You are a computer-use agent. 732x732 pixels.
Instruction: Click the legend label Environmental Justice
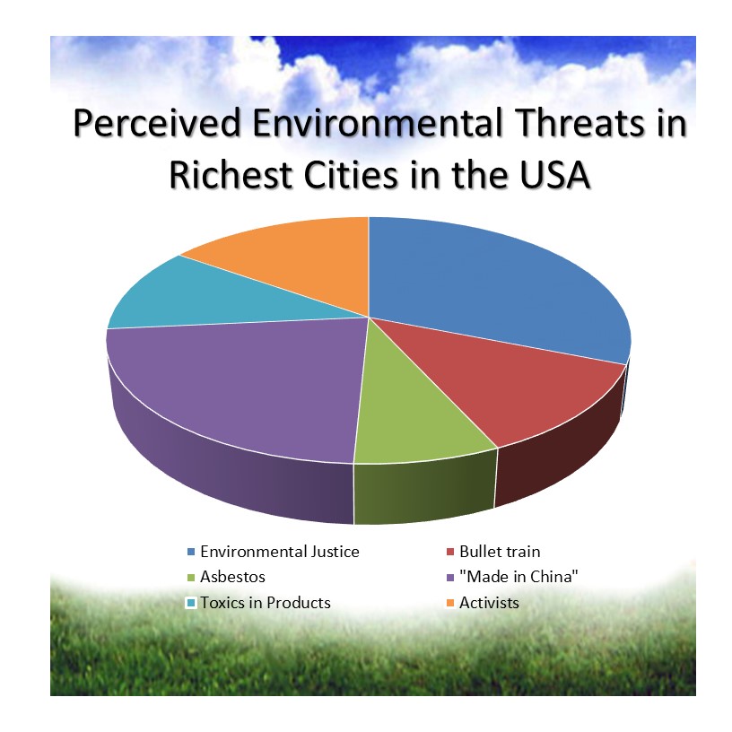click(280, 552)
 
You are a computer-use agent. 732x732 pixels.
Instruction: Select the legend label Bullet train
click(500, 552)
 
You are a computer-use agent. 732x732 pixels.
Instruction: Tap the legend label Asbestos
click(232, 577)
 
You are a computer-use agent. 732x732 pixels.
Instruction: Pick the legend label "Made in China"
click(518, 577)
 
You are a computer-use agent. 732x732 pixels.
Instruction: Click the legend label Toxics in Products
click(266, 603)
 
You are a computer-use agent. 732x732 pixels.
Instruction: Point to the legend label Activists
click(489, 603)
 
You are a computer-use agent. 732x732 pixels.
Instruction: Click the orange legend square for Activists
click(450, 603)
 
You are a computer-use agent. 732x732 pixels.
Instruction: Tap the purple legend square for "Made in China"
click(450, 578)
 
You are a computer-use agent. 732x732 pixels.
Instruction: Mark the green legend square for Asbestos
click(191, 578)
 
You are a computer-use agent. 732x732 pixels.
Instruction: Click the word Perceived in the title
click(157, 124)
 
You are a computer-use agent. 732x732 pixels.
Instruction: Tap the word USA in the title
click(555, 176)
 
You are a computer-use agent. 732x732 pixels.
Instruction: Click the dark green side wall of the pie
click(424, 490)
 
